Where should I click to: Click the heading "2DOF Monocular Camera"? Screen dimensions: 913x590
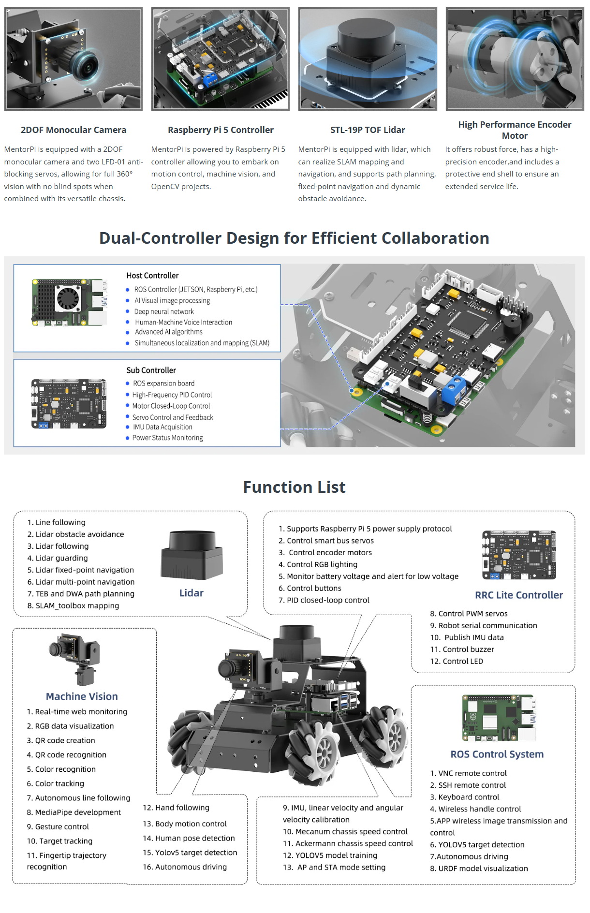[74, 130]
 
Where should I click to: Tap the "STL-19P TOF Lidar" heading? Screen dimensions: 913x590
[368, 130]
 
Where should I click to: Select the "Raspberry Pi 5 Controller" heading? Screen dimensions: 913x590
[221, 130]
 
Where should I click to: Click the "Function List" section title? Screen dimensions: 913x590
[294, 487]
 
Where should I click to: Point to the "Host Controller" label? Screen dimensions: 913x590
[152, 276]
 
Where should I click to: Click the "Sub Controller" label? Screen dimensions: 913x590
[151, 370]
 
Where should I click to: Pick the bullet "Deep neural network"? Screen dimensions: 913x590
[164, 312]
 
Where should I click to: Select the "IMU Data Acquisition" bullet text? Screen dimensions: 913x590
[162, 427]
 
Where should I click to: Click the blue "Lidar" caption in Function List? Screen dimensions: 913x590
[191, 593]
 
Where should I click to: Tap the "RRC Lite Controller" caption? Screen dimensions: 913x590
[518, 595]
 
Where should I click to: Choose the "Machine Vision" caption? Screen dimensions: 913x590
[82, 696]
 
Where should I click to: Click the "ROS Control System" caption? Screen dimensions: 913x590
[497, 754]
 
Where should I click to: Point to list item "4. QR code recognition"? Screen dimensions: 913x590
[66, 755]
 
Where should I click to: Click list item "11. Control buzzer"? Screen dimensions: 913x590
[462, 649]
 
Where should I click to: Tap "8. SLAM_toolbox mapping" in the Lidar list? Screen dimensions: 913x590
[73, 606]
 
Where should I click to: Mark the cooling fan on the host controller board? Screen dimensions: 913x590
[68, 298]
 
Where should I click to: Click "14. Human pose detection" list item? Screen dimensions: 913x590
[189, 838]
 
